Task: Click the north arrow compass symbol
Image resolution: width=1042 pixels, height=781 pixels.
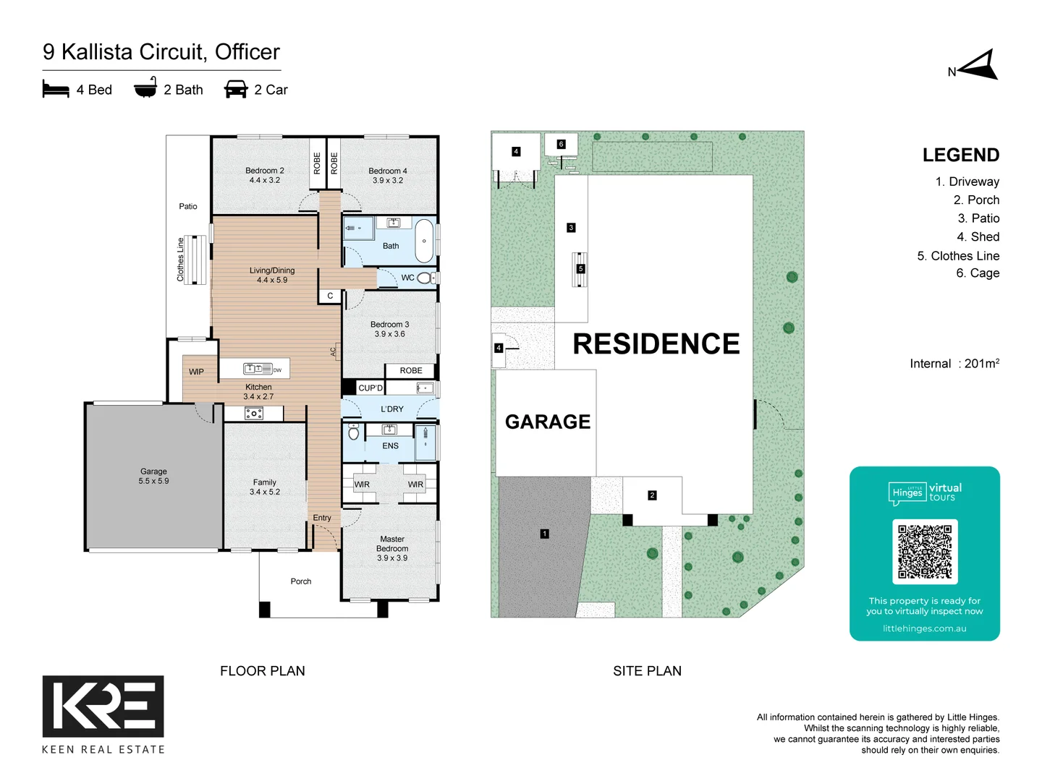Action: [x=979, y=66]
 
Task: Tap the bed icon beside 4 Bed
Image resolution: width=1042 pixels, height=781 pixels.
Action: [x=56, y=89]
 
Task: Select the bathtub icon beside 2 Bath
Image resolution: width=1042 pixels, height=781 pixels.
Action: [x=145, y=89]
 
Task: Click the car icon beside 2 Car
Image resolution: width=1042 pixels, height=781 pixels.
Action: [x=236, y=89]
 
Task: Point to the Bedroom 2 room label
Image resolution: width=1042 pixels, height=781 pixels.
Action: [x=264, y=176]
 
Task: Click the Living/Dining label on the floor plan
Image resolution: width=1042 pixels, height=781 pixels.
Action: [x=272, y=275]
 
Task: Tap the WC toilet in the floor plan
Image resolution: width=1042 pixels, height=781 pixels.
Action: [x=425, y=278]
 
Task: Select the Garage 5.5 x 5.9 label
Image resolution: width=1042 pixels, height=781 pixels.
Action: [x=153, y=476]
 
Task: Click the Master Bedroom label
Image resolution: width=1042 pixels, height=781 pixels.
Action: [x=392, y=548]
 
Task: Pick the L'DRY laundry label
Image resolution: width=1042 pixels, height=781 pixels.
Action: [x=392, y=409]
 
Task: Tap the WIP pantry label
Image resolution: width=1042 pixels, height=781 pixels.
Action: [x=196, y=372]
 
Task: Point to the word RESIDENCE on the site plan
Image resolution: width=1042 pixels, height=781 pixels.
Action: [x=656, y=344]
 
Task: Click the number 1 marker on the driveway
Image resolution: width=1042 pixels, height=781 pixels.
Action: [x=544, y=534]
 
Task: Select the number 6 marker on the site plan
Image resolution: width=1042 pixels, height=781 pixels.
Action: [x=561, y=144]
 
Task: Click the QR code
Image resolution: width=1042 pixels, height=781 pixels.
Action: [x=925, y=552]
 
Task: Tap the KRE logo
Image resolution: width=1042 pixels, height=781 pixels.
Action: [x=103, y=706]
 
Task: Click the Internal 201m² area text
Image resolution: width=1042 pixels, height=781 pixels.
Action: [x=954, y=364]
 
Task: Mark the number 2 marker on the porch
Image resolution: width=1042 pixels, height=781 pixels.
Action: [x=652, y=495]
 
